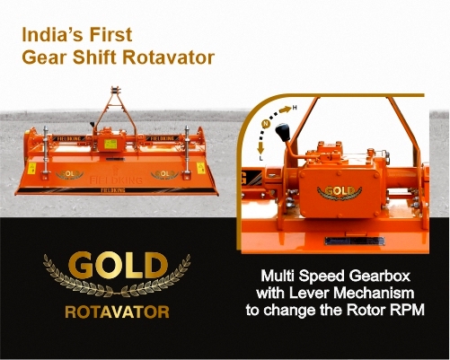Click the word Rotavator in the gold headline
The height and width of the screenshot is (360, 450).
pyautogui.click(x=169, y=57)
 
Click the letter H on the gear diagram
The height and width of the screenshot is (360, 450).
pyautogui.click(x=295, y=108)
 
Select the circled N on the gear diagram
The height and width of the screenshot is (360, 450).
pyautogui.click(x=266, y=123)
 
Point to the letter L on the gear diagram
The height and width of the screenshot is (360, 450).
pyautogui.click(x=260, y=158)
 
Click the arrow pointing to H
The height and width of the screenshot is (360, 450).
pyautogui.click(x=286, y=110)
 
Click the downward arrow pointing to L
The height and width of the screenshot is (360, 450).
pyautogui.click(x=260, y=148)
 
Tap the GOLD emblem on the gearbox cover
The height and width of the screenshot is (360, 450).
pyautogui.click(x=340, y=192)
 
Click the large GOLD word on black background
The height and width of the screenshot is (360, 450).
pyautogui.click(x=118, y=265)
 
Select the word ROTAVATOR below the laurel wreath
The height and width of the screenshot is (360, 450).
pyautogui.click(x=117, y=312)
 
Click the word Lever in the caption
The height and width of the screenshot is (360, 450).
pyautogui.click(x=309, y=293)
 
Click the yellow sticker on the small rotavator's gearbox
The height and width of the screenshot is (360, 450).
pyautogui.click(x=110, y=144)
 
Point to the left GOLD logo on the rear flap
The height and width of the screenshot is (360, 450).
pyautogui.click(x=69, y=174)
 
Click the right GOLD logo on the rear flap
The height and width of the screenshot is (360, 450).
pyautogui.click(x=164, y=174)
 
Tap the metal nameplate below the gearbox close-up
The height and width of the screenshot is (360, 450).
pyautogui.click(x=355, y=241)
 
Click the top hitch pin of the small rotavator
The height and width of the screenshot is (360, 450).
pyautogui.click(x=115, y=90)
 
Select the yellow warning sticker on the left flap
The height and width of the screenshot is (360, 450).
pyautogui.click(x=31, y=168)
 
